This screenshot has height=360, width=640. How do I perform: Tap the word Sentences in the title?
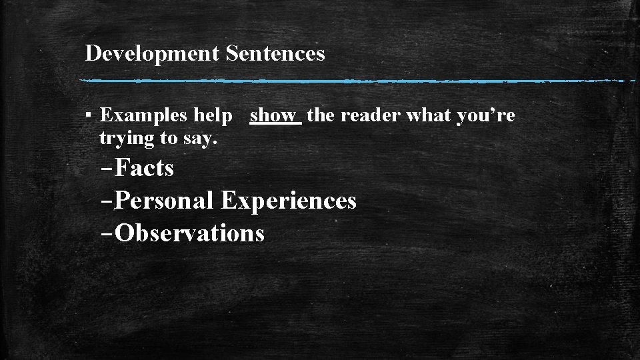(275, 53)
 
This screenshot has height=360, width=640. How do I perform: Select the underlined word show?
(273, 115)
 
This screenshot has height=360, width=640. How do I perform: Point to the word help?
(213, 115)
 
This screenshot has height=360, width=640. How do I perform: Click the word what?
(429, 115)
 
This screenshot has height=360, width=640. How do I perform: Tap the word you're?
(486, 115)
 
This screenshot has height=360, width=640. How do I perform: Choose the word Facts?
(144, 168)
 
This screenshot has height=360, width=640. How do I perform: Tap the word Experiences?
(289, 201)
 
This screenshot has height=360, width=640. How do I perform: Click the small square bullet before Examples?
(89, 116)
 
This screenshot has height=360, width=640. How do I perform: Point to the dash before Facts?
(107, 169)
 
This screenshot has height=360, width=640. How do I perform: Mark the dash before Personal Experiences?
(107, 201)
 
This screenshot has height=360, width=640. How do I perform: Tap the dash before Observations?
(107, 234)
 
